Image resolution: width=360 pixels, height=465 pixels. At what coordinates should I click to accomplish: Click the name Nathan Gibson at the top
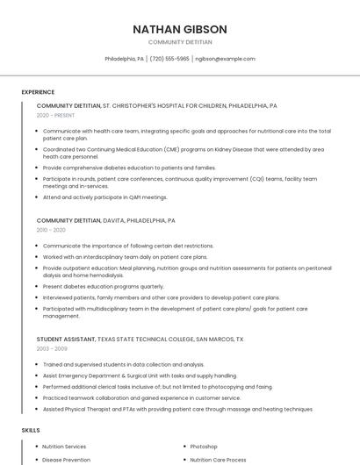[x=179, y=29]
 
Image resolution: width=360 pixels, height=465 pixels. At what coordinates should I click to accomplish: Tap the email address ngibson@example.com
[x=225, y=59]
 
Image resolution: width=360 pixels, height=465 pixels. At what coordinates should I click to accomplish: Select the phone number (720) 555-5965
[x=169, y=59]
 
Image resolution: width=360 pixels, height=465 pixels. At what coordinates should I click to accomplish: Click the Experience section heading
[x=38, y=92]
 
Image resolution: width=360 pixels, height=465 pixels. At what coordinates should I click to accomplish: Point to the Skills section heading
[x=31, y=430]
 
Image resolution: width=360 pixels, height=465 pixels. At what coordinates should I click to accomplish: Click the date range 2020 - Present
[x=55, y=115]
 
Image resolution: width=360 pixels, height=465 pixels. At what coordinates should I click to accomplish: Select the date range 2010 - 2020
[x=51, y=230]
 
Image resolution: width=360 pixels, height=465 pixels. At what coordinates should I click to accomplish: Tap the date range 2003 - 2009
[x=51, y=348]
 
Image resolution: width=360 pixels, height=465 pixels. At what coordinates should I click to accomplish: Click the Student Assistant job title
[x=65, y=339]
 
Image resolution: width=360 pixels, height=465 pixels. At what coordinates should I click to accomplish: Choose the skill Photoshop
[x=204, y=447]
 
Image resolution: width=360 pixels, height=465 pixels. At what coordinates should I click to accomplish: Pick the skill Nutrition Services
[x=64, y=447]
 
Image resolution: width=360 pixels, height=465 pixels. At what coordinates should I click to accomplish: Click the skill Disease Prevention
[x=66, y=459]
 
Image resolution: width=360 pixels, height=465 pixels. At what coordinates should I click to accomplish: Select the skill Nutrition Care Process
[x=219, y=459]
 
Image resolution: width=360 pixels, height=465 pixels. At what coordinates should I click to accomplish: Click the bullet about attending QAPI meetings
[x=104, y=197]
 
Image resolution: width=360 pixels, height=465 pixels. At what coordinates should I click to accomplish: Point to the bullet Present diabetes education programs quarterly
[x=103, y=286]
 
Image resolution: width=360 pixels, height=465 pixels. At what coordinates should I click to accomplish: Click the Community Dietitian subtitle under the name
[x=179, y=42]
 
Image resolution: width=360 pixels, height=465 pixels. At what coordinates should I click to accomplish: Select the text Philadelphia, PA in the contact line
[x=125, y=59]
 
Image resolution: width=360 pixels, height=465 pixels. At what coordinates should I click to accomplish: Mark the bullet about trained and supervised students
[x=123, y=364]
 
